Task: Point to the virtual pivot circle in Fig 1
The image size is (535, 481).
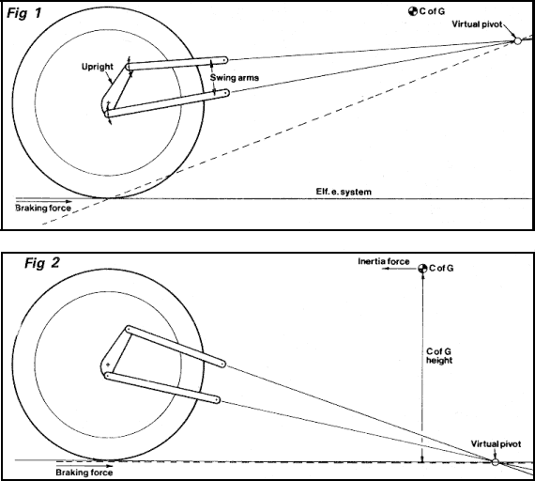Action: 515,40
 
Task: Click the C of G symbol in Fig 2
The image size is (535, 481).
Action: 422,269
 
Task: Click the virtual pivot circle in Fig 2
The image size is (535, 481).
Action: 495,460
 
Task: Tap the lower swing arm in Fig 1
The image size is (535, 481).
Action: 160,103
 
